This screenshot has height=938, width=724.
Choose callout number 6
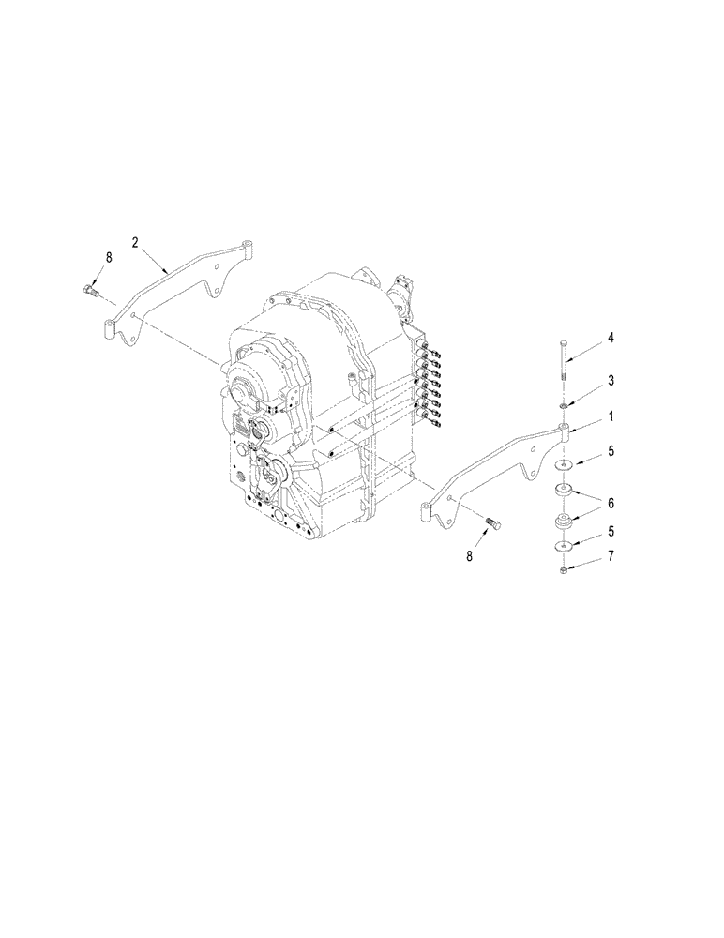[610, 504]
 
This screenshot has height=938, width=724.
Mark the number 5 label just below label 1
[610, 451]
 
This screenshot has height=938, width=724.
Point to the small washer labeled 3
[563, 405]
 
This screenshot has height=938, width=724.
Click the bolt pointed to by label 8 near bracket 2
[91, 291]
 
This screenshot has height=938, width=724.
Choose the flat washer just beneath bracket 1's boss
[563, 465]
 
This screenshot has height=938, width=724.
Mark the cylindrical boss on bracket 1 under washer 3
[564, 433]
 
